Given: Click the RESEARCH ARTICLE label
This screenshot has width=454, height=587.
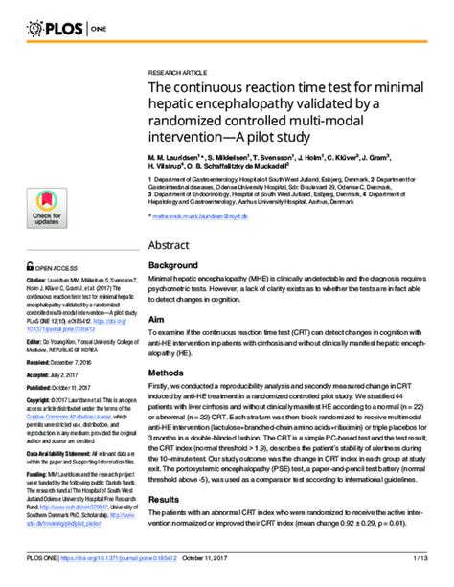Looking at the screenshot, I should point(178,72).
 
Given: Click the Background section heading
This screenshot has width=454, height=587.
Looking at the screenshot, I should point(173,264).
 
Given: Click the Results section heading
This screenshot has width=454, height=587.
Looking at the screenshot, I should point(165,527).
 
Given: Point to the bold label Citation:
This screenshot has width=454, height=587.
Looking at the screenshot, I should point(37,283).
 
